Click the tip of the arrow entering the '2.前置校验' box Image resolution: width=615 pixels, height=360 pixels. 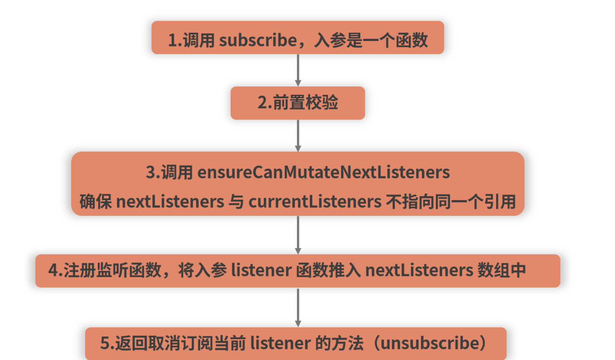(x=298, y=86)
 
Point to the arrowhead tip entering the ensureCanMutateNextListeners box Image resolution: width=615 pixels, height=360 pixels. (x=298, y=152)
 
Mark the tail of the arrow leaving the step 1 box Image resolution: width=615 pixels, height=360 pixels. (x=298, y=55)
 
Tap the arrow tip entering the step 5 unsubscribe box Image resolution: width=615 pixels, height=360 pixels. (x=298, y=327)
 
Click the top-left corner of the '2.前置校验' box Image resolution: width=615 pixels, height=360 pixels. (x=231, y=87)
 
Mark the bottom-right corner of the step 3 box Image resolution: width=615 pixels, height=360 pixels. (x=524, y=216)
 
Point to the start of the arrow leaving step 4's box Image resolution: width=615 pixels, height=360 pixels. (x=298, y=288)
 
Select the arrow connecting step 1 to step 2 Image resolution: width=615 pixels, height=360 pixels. (x=298, y=70)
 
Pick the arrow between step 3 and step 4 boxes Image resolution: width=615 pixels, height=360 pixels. (x=298, y=235)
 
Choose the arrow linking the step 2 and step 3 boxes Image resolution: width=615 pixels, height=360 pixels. (x=298, y=136)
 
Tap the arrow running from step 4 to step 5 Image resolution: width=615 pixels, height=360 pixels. (x=298, y=308)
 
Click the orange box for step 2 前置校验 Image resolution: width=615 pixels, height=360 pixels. (x=298, y=103)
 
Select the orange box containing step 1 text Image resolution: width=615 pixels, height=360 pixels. (x=298, y=38)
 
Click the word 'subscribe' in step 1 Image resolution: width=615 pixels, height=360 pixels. (x=258, y=40)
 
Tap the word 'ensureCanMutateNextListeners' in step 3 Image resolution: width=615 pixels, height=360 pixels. (x=323, y=172)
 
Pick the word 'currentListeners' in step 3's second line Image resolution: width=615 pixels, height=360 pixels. (x=315, y=201)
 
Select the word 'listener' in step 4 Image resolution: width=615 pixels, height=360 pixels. (x=261, y=270)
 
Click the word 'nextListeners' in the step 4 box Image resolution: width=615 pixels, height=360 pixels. (x=419, y=270)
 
